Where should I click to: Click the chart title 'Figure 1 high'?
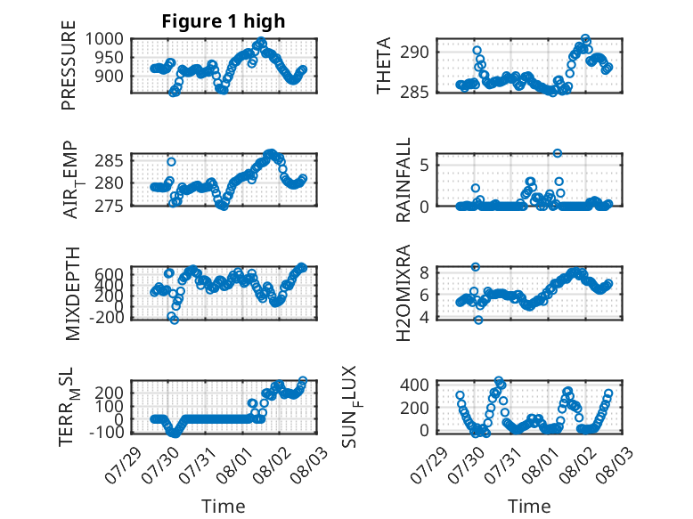pyautogui.click(x=224, y=21)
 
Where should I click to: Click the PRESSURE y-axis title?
pyautogui.click(x=69, y=65)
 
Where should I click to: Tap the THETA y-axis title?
pyautogui.click(x=384, y=65)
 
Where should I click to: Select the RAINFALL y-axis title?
pyautogui.click(x=404, y=180)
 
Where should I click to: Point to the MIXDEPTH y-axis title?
pyautogui.click(x=72, y=294)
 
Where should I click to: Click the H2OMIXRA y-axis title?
pyautogui.click(x=404, y=293)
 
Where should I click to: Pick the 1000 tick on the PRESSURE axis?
pyautogui.click(x=104, y=39)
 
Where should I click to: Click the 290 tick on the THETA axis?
pyautogui.click(x=414, y=53)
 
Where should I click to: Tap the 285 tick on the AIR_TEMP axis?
pyautogui.click(x=110, y=161)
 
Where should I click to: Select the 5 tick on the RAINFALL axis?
pyautogui.click(x=424, y=166)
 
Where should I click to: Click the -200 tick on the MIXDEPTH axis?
pyautogui.click(x=107, y=317)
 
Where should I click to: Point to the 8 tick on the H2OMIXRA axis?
pyautogui.click(x=424, y=272)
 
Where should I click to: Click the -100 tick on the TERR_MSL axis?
pyautogui.click(x=107, y=432)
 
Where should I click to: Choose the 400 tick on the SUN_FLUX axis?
pyautogui.click(x=414, y=385)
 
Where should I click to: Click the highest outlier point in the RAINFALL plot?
pyautogui.click(x=558, y=153)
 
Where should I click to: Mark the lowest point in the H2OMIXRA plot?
pyautogui.click(x=478, y=320)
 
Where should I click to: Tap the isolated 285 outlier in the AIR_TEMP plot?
pyautogui.click(x=172, y=162)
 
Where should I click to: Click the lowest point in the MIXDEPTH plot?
pyautogui.click(x=175, y=320)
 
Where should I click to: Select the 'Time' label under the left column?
pyautogui.click(x=224, y=507)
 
